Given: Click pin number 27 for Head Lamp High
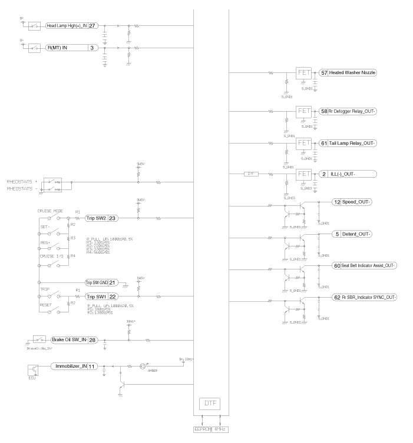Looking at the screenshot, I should [x=92, y=26].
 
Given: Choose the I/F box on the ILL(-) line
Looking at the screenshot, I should [x=251, y=174].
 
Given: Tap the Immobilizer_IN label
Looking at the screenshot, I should [x=68, y=365].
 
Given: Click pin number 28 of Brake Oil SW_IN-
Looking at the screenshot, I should [x=92, y=339].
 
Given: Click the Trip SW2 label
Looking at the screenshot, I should [x=95, y=218].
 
